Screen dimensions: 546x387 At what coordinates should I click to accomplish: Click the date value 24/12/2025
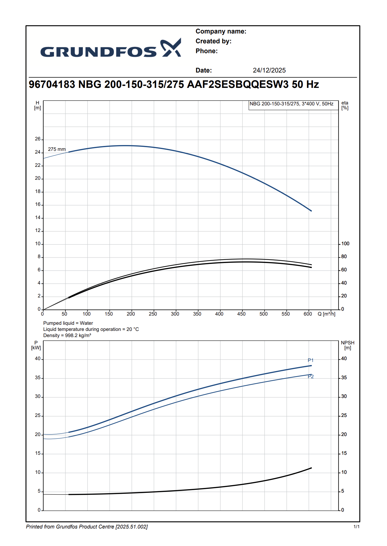269,70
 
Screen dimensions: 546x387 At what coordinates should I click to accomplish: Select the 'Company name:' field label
221,31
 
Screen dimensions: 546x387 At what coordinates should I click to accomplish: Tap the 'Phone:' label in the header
207,51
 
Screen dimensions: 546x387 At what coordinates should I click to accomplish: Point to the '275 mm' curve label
57,149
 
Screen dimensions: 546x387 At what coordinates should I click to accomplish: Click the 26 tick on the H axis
38,139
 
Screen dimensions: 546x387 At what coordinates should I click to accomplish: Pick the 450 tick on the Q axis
242,314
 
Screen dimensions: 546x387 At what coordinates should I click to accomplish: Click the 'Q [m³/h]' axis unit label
327,314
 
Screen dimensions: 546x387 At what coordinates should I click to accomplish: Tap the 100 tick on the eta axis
345,244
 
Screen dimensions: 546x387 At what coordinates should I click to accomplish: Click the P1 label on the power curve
311,360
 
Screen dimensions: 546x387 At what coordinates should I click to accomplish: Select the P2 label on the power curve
311,377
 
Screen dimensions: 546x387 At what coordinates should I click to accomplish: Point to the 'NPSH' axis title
347,343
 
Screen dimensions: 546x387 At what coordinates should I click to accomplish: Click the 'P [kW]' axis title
36,345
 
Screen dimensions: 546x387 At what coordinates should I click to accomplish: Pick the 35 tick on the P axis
38,378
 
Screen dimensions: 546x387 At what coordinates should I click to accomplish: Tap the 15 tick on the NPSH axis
344,453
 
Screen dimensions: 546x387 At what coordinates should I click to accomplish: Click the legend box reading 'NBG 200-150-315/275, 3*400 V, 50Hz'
291,104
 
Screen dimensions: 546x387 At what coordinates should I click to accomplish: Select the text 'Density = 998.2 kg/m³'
67,336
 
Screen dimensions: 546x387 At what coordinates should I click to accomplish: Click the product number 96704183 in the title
52,84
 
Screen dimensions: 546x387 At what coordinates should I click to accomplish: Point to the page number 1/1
356,527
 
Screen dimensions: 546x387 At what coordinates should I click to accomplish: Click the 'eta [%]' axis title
345,105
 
